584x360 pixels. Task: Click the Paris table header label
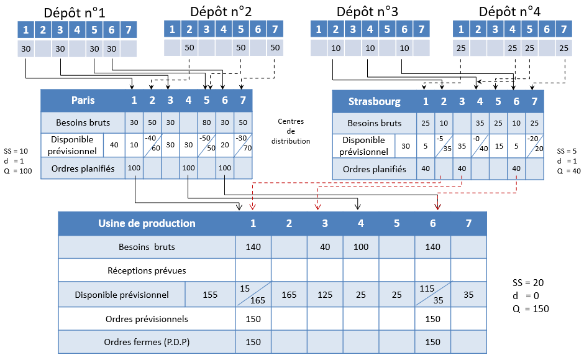83,100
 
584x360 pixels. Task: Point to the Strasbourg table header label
374,101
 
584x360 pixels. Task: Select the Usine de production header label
147,223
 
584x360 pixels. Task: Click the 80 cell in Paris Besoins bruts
207,122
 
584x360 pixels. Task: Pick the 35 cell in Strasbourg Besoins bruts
480,123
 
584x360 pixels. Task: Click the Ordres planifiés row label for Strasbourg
374,168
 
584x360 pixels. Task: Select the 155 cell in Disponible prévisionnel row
210,295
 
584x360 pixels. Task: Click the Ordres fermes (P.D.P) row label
147,341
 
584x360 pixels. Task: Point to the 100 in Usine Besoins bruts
361,247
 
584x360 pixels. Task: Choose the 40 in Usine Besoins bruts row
325,247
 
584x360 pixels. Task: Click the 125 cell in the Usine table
325,295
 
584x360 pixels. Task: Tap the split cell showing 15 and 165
253,295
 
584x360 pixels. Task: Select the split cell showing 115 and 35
432,295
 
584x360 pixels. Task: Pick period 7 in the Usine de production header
468,223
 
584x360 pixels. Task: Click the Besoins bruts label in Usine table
147,247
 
